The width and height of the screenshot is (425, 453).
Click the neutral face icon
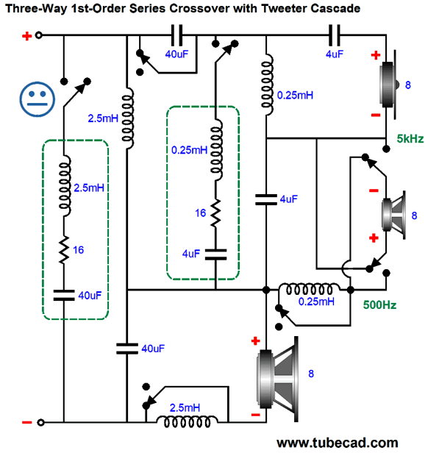click(x=37, y=99)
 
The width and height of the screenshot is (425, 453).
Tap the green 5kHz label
click(x=410, y=139)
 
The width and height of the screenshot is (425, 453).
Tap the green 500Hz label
click(x=379, y=304)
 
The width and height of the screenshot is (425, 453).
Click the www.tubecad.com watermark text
click(x=337, y=443)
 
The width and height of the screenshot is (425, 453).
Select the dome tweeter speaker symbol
click(x=389, y=85)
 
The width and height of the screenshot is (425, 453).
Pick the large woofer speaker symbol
click(x=277, y=379)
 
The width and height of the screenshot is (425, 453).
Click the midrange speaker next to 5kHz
click(x=393, y=215)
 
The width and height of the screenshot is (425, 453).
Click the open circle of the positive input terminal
click(x=38, y=35)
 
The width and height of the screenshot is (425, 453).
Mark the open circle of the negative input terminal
click(x=40, y=422)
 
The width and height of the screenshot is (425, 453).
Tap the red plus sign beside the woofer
click(x=255, y=341)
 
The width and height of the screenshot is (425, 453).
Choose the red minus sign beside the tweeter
click(x=376, y=115)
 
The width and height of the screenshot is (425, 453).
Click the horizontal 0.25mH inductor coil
click(x=309, y=289)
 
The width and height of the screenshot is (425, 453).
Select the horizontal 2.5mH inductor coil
click(x=187, y=422)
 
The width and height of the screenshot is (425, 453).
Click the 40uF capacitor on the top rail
click(x=176, y=35)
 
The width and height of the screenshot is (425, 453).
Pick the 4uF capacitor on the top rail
click(x=335, y=35)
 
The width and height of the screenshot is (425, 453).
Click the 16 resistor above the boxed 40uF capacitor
click(x=64, y=250)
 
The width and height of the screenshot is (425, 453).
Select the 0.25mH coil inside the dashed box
click(x=216, y=150)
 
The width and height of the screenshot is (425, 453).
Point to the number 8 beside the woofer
click(x=311, y=374)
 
